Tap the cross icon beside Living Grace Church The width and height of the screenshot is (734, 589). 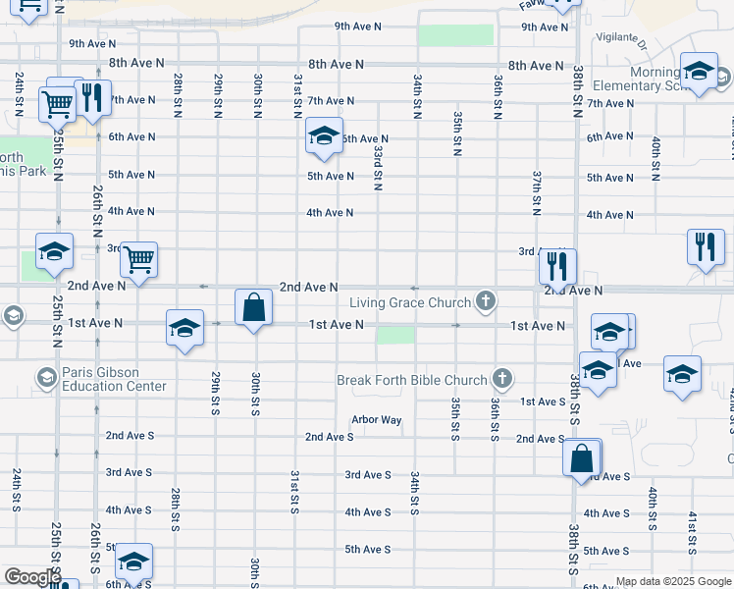[484, 299]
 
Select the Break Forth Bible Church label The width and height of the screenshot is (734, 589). [412, 380]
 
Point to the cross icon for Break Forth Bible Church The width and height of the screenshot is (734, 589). [501, 378]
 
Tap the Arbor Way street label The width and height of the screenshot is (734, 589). [377, 420]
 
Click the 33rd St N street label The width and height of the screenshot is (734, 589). [378, 163]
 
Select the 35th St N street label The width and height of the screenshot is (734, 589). [457, 134]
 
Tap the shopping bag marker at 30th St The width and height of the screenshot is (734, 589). [254, 307]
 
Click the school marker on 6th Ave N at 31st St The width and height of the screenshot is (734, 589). [323, 136]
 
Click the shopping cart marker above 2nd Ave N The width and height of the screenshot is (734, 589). [139, 261]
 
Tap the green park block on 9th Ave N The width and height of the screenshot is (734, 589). [456, 34]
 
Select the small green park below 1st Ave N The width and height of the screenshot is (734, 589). [395, 335]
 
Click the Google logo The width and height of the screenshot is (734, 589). [31, 577]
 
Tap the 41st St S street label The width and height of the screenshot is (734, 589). [693, 529]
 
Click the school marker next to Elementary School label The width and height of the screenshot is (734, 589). [699, 73]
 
